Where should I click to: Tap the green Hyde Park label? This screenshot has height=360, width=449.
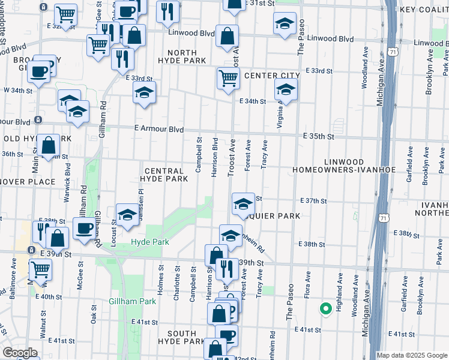point(150,242)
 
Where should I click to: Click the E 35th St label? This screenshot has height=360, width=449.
point(318,136)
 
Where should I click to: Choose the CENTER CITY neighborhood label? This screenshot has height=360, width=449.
point(272,75)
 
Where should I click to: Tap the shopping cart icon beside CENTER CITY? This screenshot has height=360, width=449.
point(228,78)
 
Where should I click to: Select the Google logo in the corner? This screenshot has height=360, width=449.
point(20,353)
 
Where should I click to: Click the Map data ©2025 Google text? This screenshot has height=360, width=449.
point(411,355)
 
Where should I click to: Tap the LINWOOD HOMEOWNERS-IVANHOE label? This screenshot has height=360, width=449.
point(343,166)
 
